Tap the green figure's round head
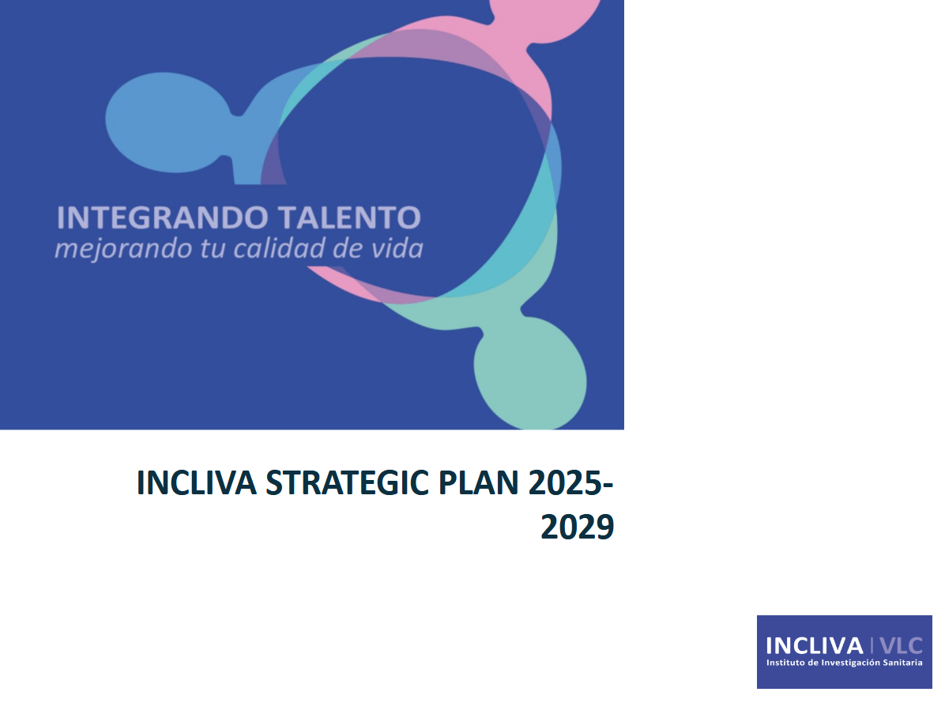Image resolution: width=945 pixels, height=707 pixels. (x=529, y=372)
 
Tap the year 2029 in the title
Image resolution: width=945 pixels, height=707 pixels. (x=577, y=527)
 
